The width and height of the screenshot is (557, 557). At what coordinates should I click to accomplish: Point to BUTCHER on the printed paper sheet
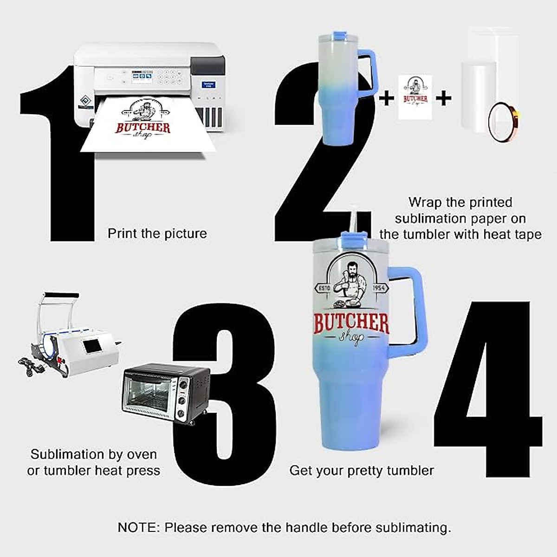(143, 128)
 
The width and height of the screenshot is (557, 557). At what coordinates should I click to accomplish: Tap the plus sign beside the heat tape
(444, 98)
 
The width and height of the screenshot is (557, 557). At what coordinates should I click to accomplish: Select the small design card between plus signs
(415, 97)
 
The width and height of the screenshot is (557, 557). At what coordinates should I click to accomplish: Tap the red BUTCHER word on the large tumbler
(351, 324)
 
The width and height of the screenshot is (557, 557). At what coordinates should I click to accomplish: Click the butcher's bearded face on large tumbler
(351, 271)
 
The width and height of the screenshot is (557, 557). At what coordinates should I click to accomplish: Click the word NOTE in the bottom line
(137, 528)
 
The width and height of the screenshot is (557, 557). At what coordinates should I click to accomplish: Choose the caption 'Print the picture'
(157, 233)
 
